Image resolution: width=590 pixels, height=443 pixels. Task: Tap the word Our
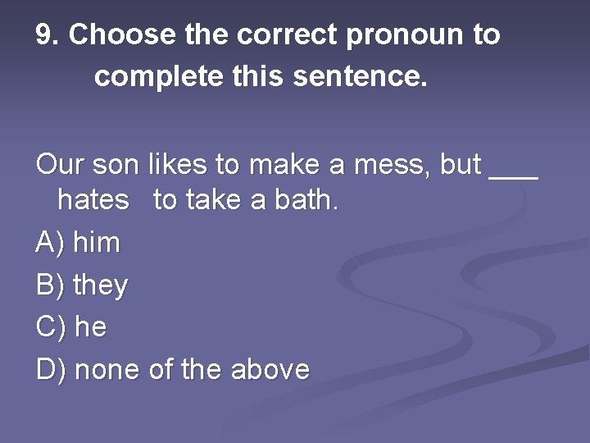60,164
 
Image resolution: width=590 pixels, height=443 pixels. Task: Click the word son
116,164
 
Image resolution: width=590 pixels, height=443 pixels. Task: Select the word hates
93,200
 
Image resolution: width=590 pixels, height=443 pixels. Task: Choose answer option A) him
79,243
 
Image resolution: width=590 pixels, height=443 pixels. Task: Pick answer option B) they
83,285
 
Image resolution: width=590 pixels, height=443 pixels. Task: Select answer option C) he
72,327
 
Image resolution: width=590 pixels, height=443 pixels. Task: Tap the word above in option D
270,370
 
